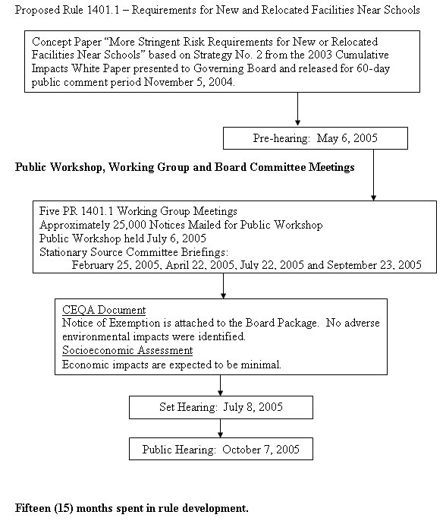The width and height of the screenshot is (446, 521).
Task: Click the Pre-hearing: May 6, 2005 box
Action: click(316, 138)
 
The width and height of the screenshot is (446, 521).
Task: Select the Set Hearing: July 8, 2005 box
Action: click(220, 407)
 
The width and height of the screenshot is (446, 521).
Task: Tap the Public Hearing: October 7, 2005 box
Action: click(220, 450)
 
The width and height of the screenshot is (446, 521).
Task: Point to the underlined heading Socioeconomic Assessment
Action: click(127, 350)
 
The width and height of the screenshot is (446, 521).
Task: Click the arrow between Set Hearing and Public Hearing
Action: click(221, 429)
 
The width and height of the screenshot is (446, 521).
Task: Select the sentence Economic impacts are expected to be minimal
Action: click(171, 364)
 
